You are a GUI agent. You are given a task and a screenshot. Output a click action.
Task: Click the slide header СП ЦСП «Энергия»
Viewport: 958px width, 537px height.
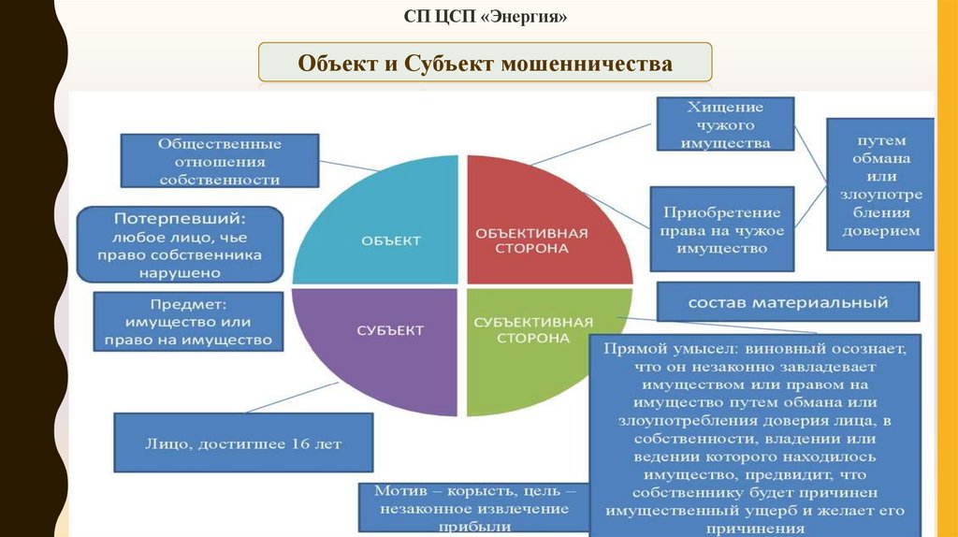[x=485, y=17]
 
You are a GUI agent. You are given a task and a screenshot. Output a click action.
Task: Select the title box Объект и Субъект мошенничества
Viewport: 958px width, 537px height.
[x=485, y=64]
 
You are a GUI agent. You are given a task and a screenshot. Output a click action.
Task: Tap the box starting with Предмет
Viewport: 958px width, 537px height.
[x=189, y=322]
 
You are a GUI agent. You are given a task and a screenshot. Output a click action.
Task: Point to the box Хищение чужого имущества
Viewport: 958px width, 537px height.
[x=725, y=124]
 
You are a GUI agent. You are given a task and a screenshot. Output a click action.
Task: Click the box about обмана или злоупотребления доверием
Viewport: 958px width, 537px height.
[x=880, y=184]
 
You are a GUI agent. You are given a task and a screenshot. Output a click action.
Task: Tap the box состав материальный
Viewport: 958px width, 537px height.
[x=788, y=302]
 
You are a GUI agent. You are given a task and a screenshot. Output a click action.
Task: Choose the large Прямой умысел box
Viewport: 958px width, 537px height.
[x=754, y=436]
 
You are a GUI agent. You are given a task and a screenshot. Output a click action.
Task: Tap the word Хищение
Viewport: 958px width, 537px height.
[x=725, y=107]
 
